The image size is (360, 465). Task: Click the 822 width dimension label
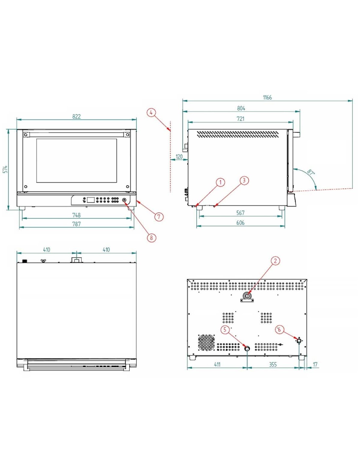(76, 116)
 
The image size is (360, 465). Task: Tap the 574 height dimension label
(5, 169)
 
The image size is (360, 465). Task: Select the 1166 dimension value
(267, 97)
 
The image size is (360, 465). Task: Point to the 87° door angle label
(311, 172)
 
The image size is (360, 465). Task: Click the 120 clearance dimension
(179, 157)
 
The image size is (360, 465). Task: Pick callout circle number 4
(151, 113)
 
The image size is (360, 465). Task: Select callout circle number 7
(159, 216)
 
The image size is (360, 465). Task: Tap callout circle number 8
(151, 238)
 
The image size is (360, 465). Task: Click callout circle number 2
(275, 261)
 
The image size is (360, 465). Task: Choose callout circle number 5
(225, 330)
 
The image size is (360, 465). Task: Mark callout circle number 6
(279, 330)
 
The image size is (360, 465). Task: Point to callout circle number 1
(221, 182)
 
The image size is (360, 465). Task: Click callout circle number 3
(244, 181)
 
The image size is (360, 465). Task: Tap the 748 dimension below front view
(76, 215)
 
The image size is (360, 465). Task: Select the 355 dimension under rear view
(273, 364)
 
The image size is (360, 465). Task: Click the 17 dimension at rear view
(315, 364)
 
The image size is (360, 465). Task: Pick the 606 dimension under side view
(240, 223)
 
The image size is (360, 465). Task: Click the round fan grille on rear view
(207, 342)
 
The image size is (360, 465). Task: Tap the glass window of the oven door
(77, 161)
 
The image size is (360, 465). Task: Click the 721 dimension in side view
(240, 119)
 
